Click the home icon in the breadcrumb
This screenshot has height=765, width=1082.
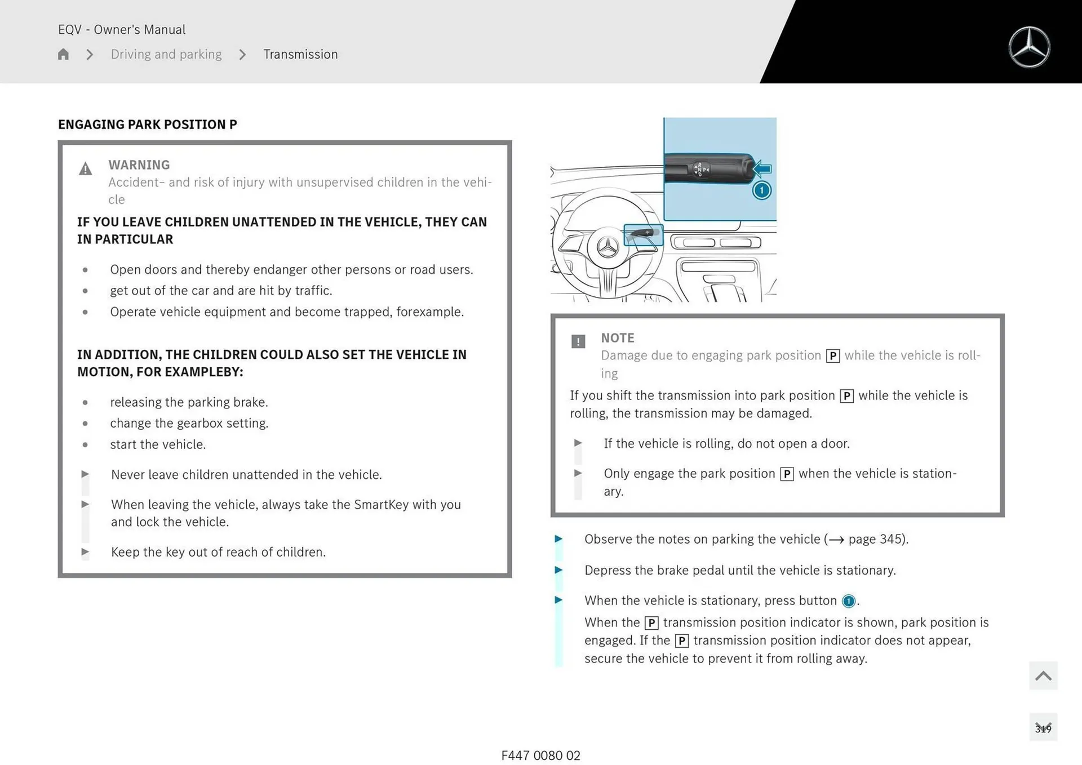coord(63,54)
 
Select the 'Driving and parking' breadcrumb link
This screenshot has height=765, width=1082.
coord(166,54)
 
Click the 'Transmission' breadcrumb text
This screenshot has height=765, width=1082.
coord(300,54)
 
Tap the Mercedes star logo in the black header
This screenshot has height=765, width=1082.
coord(1029,47)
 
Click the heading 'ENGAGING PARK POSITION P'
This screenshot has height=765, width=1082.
coord(148,124)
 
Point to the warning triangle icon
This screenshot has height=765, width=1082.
coord(85,169)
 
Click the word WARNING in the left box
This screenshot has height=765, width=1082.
coord(139,165)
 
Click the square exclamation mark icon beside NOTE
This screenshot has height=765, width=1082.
coord(578,341)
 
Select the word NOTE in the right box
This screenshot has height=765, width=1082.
coord(617,338)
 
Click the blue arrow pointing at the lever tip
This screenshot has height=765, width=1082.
coord(762,168)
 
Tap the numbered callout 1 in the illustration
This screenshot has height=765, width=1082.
coord(761,190)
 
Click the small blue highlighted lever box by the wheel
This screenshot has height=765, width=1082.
coord(643,234)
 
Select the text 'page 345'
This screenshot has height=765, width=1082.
coord(876,539)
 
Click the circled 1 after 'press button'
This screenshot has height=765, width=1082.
coord(848,601)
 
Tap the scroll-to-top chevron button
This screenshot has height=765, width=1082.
coord(1043,675)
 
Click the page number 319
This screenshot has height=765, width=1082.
coord(1043,728)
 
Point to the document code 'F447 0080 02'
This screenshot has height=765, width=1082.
coord(540,755)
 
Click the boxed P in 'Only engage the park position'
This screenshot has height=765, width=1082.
coord(787,474)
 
